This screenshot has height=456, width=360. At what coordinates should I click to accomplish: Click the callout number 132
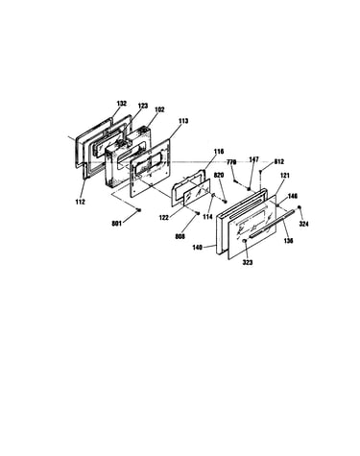(122, 104)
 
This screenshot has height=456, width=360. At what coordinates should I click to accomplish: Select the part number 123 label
(143, 106)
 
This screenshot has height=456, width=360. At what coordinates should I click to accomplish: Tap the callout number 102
(159, 109)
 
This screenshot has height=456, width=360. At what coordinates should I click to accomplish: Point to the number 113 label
(183, 121)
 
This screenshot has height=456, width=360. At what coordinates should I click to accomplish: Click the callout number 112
(81, 202)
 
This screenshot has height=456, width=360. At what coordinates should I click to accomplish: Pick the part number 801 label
(116, 224)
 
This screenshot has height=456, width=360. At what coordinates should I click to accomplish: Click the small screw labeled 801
(139, 210)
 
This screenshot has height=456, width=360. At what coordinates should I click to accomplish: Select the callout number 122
(164, 217)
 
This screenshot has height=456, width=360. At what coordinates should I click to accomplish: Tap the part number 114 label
(207, 217)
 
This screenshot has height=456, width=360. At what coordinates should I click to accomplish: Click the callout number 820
(219, 176)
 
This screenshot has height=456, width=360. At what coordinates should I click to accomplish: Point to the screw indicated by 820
(225, 201)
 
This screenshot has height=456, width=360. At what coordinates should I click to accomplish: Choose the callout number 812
(278, 162)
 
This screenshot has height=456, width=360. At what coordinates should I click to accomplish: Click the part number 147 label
(253, 159)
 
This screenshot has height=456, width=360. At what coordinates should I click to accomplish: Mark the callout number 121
(285, 176)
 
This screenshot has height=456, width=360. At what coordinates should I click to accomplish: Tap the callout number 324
(303, 224)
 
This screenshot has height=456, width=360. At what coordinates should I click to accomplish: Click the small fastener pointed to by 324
(300, 207)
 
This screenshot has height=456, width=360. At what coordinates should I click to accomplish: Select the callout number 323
(248, 262)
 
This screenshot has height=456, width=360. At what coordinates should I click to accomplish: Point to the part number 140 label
(198, 248)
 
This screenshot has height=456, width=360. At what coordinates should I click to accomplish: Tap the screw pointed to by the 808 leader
(198, 213)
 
